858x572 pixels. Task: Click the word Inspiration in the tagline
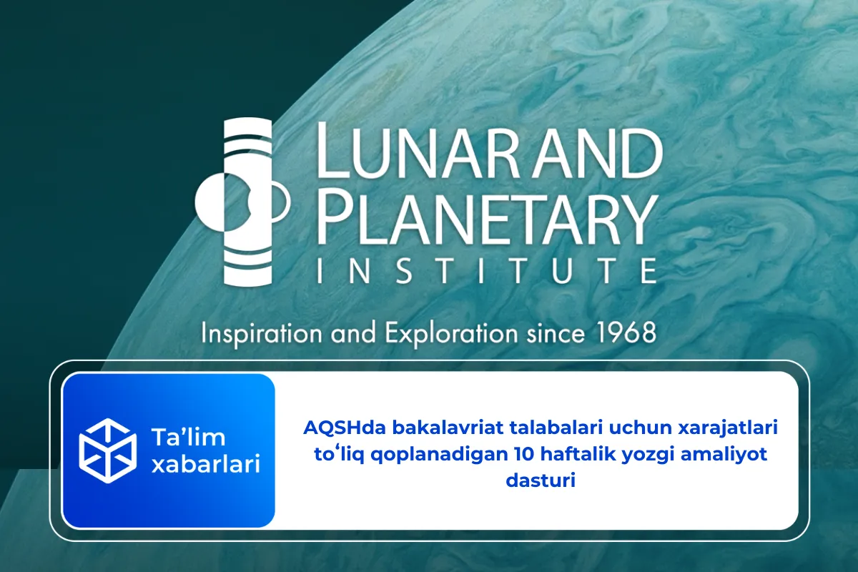click(258, 334)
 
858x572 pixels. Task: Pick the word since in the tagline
click(558, 333)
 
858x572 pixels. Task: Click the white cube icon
click(108, 450)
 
